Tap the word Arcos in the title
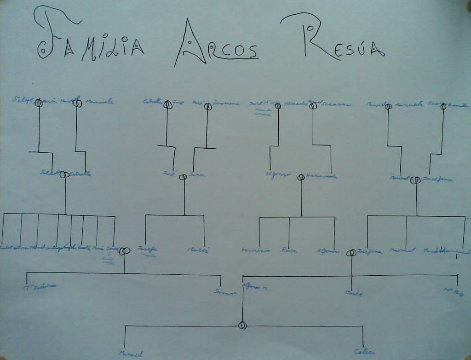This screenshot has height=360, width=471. (x=216, y=46)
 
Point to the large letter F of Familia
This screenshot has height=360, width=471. (x=53, y=32)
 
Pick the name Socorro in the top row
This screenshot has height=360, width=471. (x=337, y=104)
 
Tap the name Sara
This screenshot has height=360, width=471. (x=197, y=175)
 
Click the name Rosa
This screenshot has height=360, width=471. (x=289, y=250)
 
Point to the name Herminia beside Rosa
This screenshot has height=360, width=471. (x=256, y=250)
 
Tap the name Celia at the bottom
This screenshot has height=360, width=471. (x=364, y=352)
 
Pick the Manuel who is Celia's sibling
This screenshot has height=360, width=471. (x=131, y=354)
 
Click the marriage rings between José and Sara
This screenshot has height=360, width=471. (x=183, y=177)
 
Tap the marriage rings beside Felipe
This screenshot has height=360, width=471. (x=39, y=103)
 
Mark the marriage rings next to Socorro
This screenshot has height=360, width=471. (x=313, y=106)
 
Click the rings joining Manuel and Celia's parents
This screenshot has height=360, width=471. (x=242, y=325)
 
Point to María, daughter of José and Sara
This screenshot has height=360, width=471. (x=198, y=250)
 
